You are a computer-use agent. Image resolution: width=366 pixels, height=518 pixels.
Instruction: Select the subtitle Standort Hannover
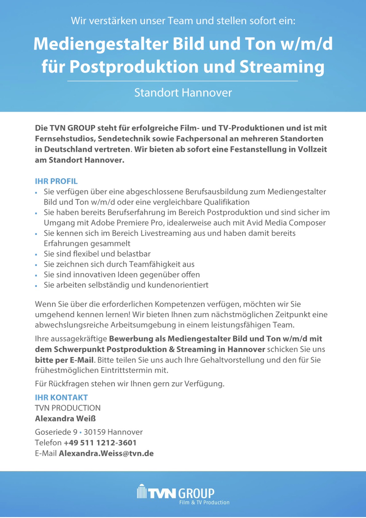click(183, 93)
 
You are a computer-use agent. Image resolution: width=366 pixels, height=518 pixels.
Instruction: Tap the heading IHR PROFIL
click(56, 181)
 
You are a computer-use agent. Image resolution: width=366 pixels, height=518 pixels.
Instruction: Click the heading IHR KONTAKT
click(61, 397)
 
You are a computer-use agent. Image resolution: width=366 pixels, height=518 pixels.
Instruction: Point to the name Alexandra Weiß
click(65, 419)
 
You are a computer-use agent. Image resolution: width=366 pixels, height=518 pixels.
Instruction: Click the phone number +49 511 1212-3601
click(100, 443)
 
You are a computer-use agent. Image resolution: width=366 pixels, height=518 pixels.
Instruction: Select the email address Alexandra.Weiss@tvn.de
click(106, 453)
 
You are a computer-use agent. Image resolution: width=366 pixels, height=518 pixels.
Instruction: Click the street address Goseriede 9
click(56, 432)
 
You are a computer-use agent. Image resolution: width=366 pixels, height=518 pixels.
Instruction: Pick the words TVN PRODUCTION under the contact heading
click(68, 408)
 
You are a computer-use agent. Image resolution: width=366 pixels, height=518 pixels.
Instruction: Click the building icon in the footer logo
click(141, 492)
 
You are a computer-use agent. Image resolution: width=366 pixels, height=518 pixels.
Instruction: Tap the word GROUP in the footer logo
click(196, 493)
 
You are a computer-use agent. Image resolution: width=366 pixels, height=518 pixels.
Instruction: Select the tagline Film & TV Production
click(204, 503)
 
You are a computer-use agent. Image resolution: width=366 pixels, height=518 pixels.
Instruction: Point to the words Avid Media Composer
click(286, 223)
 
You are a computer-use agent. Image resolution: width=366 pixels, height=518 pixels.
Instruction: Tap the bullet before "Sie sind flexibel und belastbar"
click(36, 255)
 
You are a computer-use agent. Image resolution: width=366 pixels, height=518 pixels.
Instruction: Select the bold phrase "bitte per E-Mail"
click(64, 360)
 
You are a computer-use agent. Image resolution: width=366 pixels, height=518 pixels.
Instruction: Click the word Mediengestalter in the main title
click(101, 44)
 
